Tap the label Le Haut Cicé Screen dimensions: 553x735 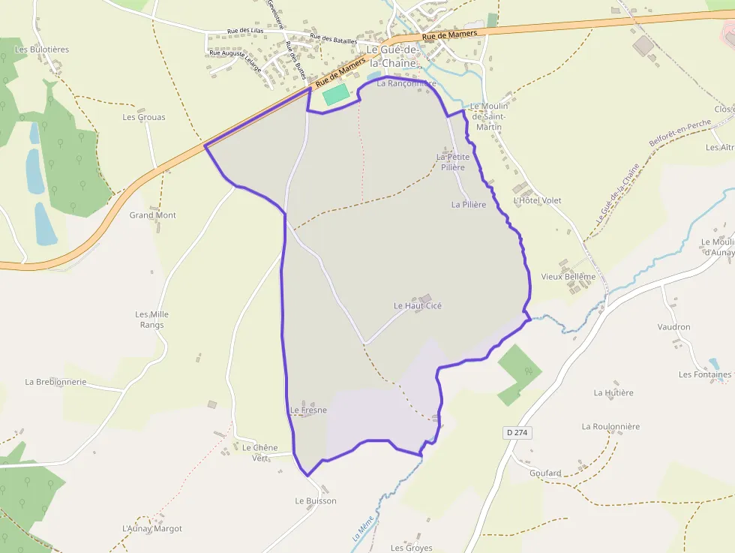tap(418, 306)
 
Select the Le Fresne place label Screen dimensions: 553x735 tap(308, 410)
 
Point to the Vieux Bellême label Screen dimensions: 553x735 tap(568, 277)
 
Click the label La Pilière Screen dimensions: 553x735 tap(469, 204)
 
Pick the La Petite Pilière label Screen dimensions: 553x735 tap(453, 161)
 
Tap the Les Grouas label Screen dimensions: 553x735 tap(144, 117)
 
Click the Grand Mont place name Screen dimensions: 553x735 tap(153, 215)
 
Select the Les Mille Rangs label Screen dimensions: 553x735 tap(149, 320)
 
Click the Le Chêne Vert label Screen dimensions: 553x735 tap(259, 452)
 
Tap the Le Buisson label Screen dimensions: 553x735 tap(316, 500)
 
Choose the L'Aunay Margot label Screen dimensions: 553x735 tap(152, 529)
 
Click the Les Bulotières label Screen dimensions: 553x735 tap(42, 50)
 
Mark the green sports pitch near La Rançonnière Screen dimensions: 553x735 tap(335, 95)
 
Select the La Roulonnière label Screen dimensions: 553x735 tap(610, 426)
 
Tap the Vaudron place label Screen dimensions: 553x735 tap(673, 327)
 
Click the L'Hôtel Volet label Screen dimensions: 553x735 tap(537, 200)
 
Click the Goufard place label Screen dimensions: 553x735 tap(545, 473)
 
